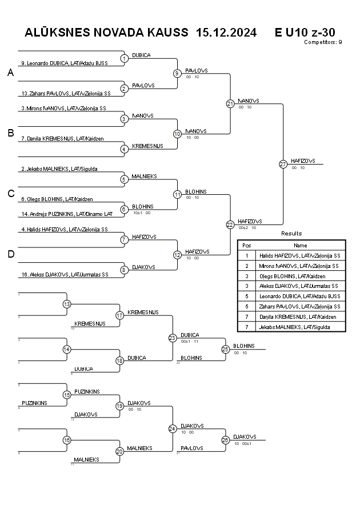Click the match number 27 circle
pos(283,165)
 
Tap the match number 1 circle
pos(124,58)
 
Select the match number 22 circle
pos(230,225)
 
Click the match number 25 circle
pos(225,349)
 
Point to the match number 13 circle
pos(67,304)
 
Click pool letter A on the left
pos(10,73)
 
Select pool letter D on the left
pos(10,254)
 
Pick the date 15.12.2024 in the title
pos(226,33)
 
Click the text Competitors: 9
pos(323,42)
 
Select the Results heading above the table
pos(291,234)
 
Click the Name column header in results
pos(300,245)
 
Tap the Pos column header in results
pos(247,245)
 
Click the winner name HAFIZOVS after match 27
pos(303,161)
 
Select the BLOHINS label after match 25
pos(244,346)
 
